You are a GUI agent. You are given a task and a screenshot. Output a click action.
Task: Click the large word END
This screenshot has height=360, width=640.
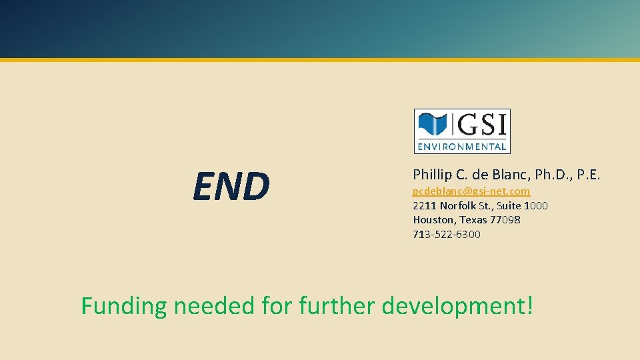pos(231,186)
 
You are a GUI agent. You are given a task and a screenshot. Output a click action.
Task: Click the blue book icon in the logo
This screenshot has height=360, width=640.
pos(432,125)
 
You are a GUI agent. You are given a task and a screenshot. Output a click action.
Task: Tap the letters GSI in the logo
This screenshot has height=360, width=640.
pos(481,125)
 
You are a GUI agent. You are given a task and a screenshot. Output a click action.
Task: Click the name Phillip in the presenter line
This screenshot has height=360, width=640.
pos(432,175)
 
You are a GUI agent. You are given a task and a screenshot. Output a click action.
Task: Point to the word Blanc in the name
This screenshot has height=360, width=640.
pos(509,175)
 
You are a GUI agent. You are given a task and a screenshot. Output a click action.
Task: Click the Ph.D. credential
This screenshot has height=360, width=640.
pos(552,175)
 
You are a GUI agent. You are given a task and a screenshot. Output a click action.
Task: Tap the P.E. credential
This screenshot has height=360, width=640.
pos(589,175)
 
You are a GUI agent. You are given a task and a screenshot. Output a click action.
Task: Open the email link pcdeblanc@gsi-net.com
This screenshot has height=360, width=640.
pos(471,191)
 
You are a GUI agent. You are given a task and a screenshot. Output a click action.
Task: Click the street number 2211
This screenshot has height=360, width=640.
pos(425,205)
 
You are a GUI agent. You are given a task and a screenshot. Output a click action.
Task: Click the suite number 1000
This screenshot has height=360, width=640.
pos(535,205)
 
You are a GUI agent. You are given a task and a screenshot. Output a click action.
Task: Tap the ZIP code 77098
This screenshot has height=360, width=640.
pos(505,219)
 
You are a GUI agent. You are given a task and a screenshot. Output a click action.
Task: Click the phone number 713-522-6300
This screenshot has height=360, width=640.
pos(447,234)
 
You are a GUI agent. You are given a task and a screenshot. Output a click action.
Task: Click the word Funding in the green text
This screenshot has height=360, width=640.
pos(123,306)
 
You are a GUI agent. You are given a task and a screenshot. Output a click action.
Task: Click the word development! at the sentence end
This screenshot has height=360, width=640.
pos(458,306)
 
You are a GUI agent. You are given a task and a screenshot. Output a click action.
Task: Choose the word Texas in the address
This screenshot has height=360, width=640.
pos(473,219)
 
